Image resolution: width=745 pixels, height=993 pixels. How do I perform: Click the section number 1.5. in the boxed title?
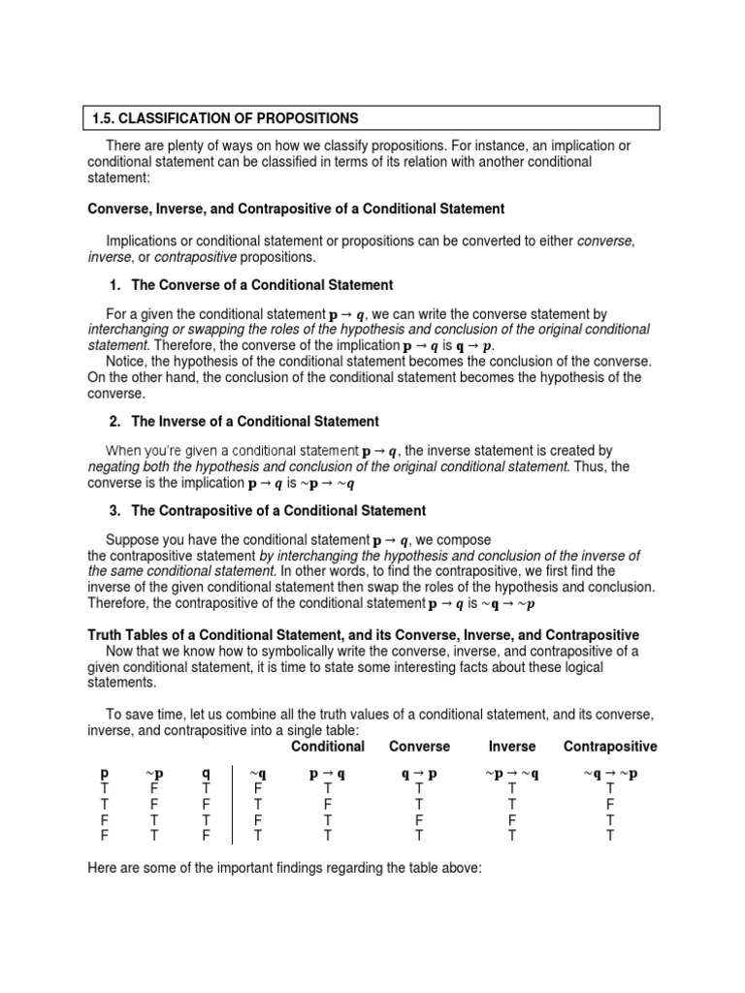[x=105, y=118]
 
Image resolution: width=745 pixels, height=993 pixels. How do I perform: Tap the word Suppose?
[x=136, y=539]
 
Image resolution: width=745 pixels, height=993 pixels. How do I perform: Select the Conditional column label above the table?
[x=328, y=746]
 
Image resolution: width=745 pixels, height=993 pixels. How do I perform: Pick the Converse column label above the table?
[x=419, y=746]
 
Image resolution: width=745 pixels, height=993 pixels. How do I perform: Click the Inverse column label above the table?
[x=511, y=746]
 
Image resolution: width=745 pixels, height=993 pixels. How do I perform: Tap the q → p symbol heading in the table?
[x=419, y=774]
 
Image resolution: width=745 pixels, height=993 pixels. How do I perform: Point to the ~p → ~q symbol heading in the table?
[x=511, y=774]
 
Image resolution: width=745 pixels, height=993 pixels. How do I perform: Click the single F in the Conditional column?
[x=328, y=804]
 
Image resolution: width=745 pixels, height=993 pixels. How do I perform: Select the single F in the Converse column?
[x=419, y=818]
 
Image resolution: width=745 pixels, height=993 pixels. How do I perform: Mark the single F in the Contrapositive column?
[x=610, y=804]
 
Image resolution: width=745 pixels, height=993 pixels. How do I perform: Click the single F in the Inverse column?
[x=511, y=818]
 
